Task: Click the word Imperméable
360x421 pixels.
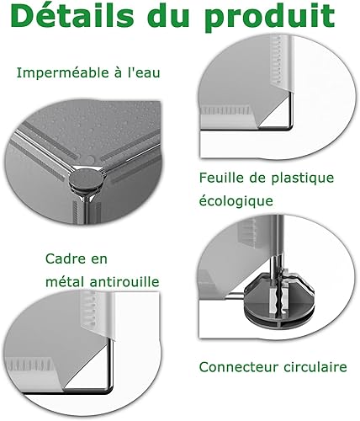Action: coord(63,73)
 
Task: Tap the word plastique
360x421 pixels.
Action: coord(303,179)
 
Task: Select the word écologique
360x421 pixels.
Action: coord(236,201)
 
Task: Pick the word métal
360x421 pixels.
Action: coord(65,281)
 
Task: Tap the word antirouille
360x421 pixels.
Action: coord(124,281)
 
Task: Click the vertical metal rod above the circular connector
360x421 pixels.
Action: coord(277,242)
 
